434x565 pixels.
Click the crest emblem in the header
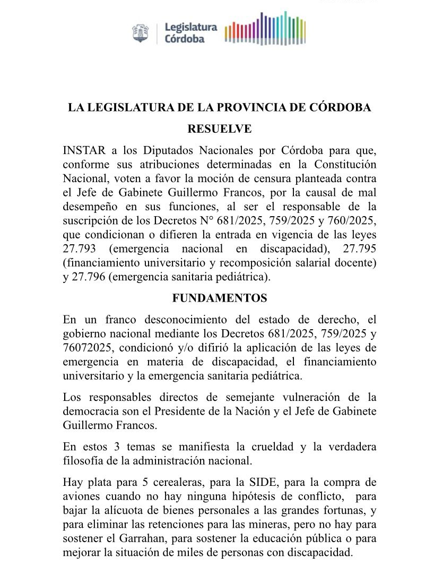141,33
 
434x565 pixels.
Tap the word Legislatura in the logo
190,27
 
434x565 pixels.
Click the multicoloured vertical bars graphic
265,29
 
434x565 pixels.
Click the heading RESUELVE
220,129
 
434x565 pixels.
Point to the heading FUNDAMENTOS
220,298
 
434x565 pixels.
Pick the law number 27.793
80,249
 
